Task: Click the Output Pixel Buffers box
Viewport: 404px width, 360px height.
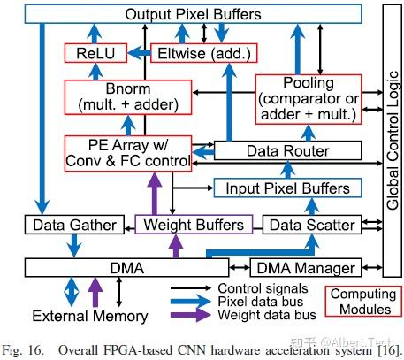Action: pos(193,15)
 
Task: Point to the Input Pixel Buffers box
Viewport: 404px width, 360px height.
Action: pos(288,188)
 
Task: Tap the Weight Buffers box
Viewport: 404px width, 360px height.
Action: pos(194,225)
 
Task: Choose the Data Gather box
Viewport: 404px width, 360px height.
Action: pos(74,225)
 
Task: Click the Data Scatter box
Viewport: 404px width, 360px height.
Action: pos(310,225)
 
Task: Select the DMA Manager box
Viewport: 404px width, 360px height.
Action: pos(304,267)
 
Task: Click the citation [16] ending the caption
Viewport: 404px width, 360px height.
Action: pos(390,348)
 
